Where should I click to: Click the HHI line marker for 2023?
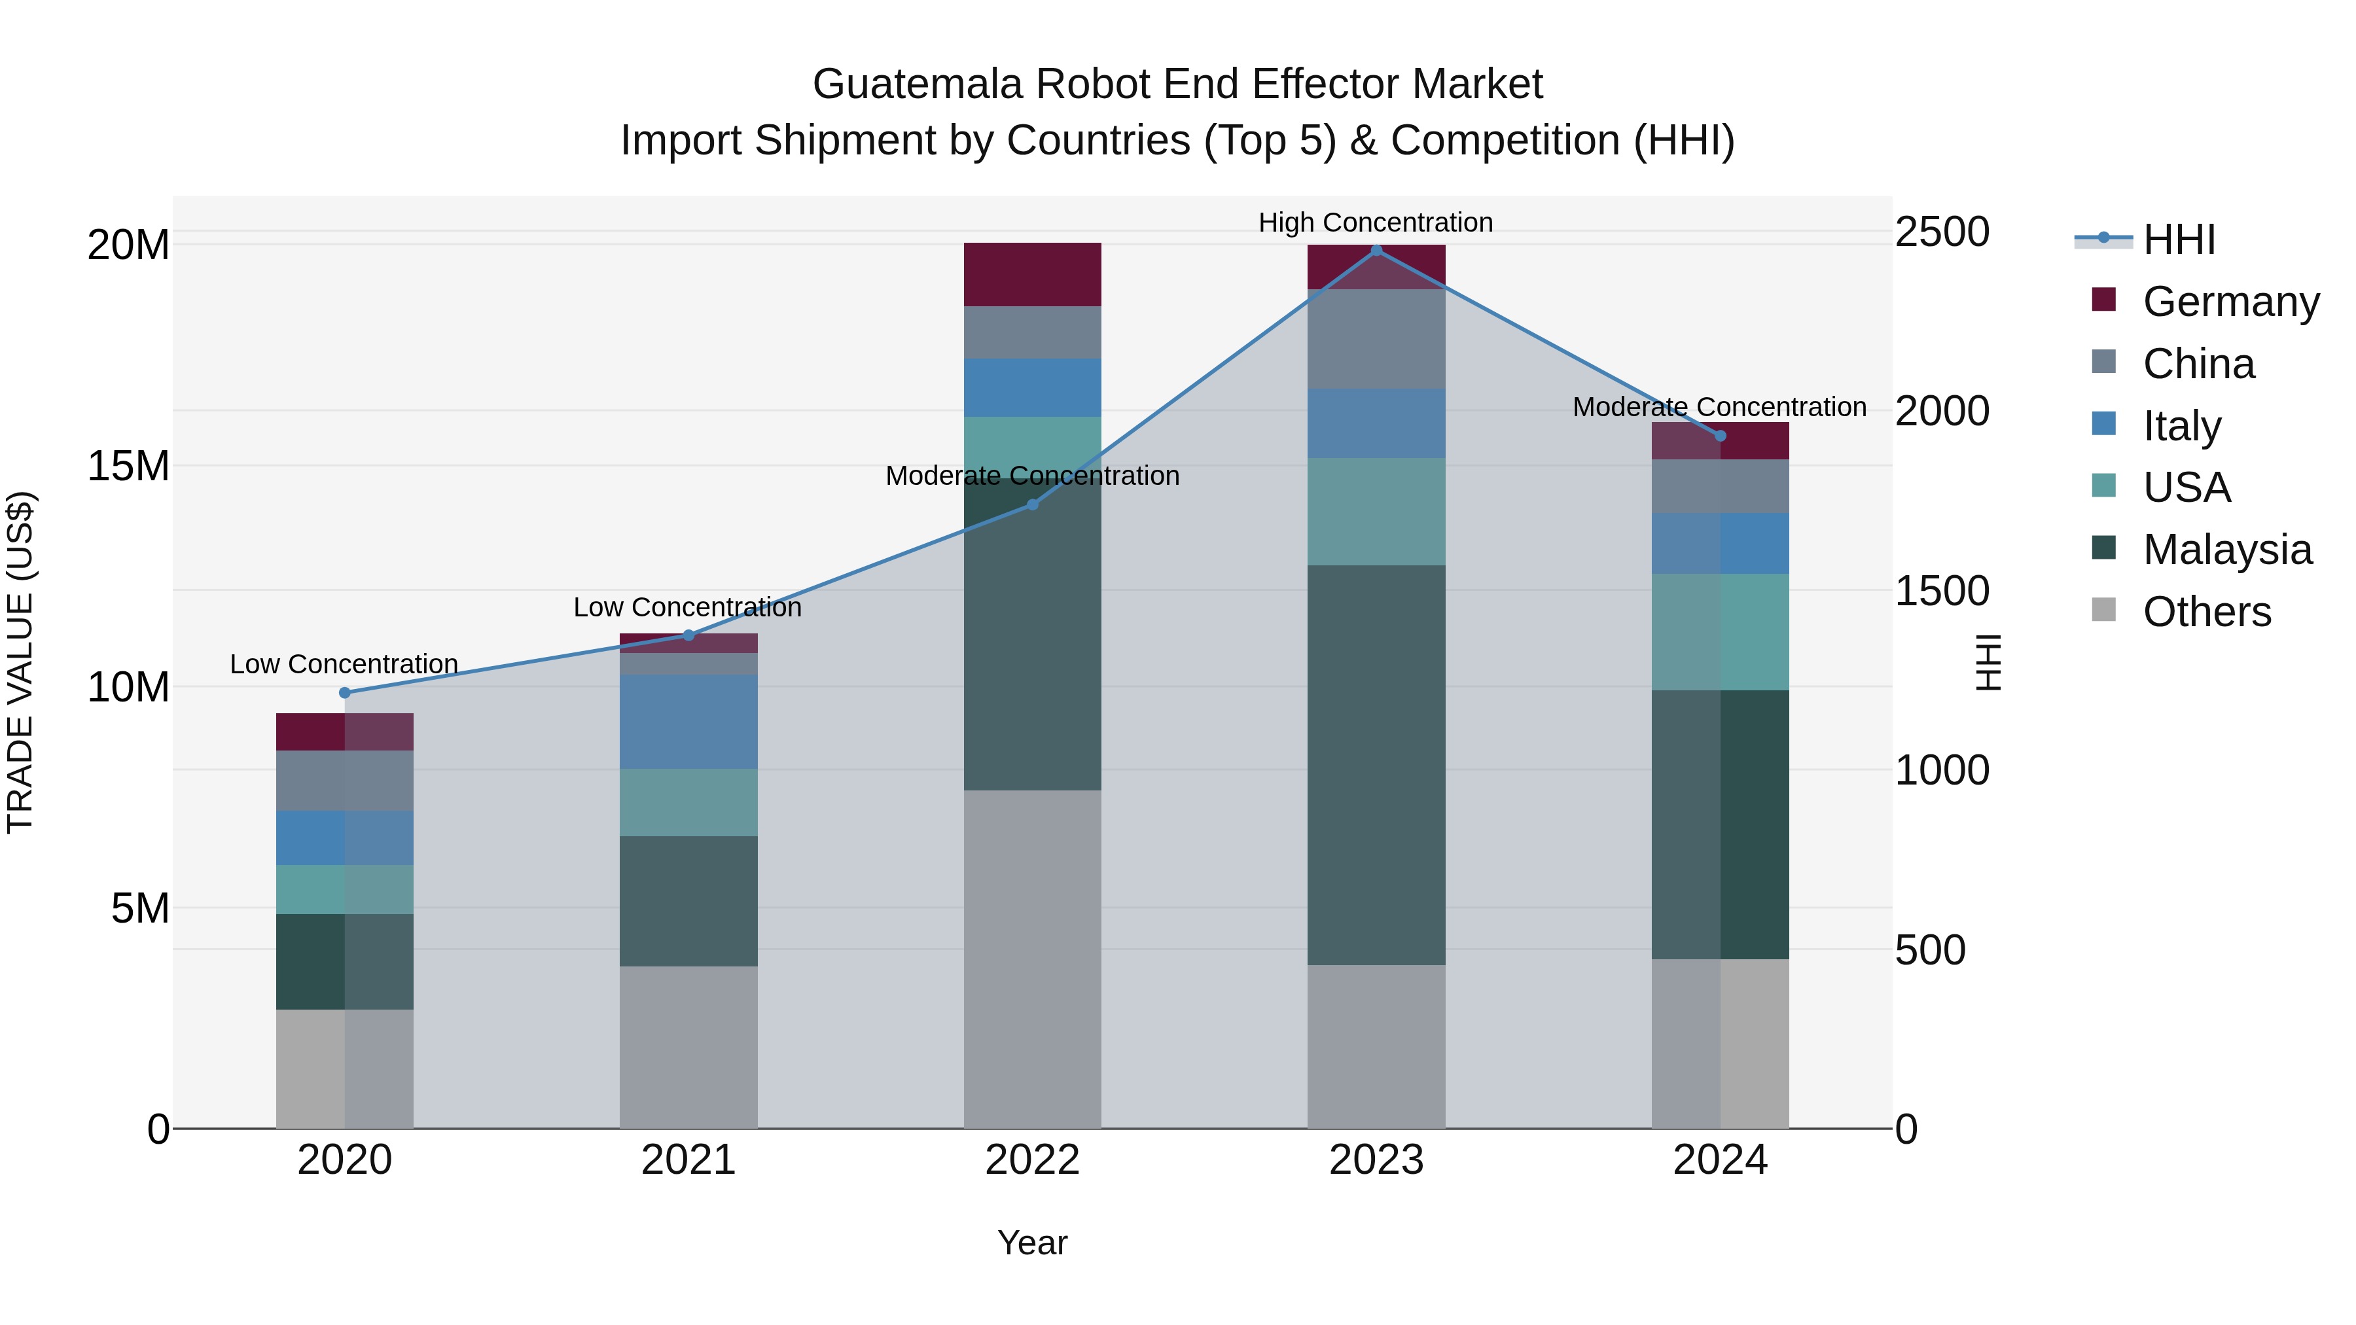(x=1376, y=251)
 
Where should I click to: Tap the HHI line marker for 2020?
(x=345, y=692)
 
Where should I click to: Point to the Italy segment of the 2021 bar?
(x=688, y=722)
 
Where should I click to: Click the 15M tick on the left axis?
(x=128, y=467)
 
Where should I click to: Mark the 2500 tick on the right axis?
(x=1941, y=232)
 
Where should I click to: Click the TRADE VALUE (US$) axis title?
(x=20, y=662)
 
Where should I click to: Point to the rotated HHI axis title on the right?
(x=1988, y=662)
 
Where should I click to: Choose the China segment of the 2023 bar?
(x=1376, y=339)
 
